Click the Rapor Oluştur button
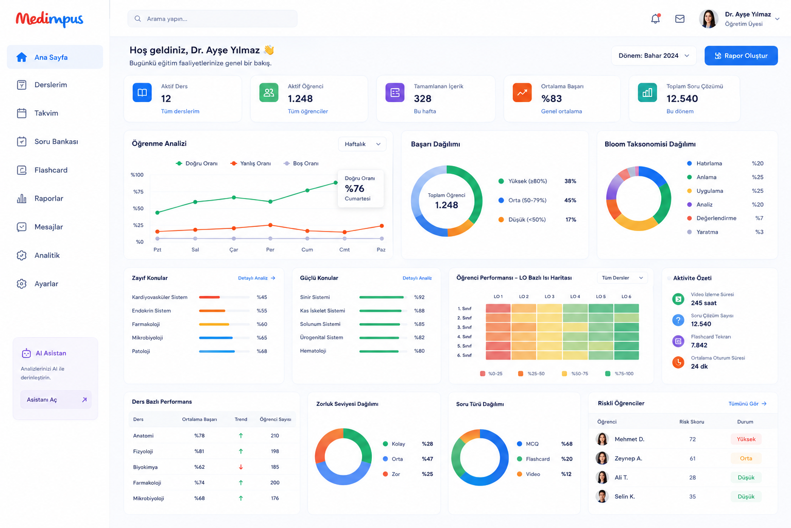click(741, 56)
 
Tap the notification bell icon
click(656, 19)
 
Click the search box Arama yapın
click(212, 19)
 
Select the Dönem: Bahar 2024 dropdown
click(654, 56)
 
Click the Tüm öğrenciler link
click(307, 111)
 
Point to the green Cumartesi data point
click(335, 183)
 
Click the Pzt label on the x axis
click(157, 250)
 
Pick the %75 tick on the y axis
click(138, 192)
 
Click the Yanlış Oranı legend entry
click(251, 163)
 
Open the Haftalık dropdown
click(362, 144)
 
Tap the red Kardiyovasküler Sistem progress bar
click(210, 298)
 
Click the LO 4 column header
click(575, 296)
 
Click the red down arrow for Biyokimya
click(241, 467)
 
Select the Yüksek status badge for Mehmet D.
click(746, 439)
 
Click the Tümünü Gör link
click(747, 404)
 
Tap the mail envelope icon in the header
click(680, 19)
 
